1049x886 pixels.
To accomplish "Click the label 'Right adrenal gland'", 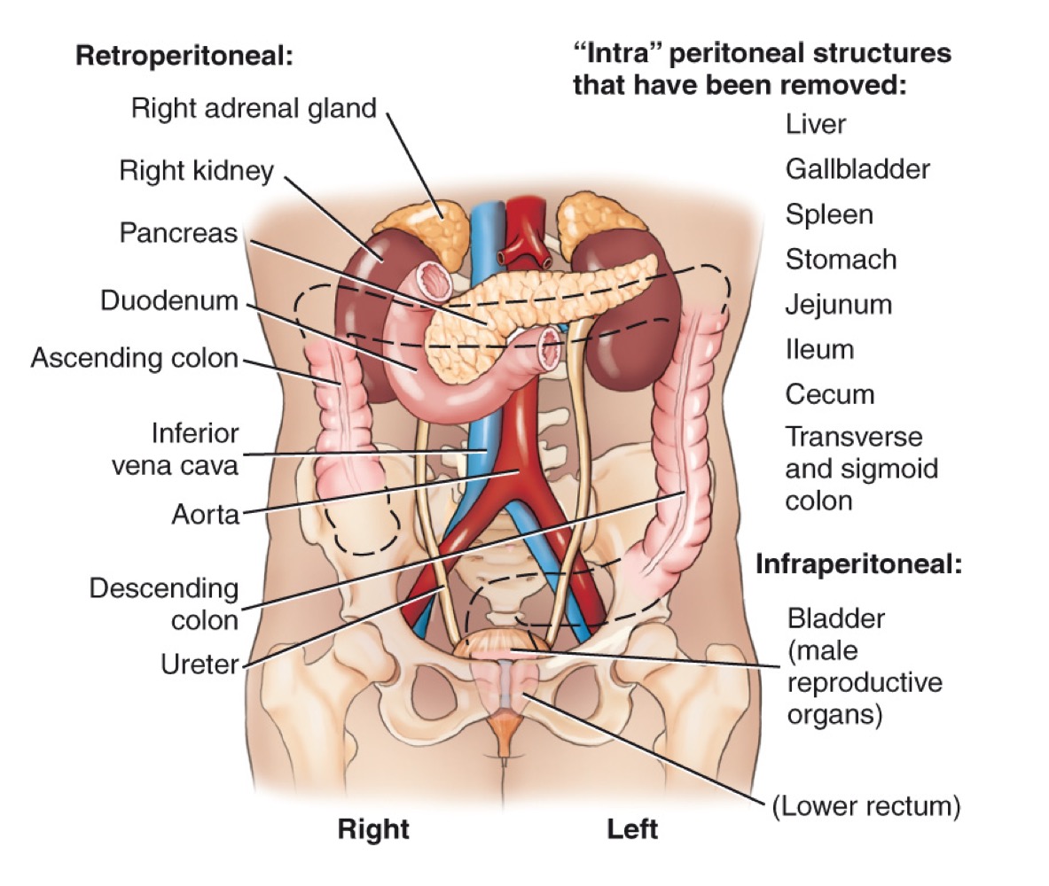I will coord(254,108).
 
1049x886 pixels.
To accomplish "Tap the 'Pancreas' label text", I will coord(179,234).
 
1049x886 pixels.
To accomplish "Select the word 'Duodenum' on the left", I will coord(168,300).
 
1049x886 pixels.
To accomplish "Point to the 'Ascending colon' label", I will coord(135,359).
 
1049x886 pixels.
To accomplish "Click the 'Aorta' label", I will coord(206,514).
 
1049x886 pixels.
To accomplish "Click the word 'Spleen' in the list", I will coord(829,214).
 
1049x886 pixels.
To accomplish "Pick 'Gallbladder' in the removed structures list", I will coord(857,168).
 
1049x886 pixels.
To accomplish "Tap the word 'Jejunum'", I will coord(838,305).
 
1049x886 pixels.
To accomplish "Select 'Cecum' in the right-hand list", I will coord(830,394).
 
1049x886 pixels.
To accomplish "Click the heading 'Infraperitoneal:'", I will coord(858,564).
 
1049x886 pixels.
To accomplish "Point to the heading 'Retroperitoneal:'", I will coord(184,55).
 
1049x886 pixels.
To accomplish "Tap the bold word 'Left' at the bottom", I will coord(632,830).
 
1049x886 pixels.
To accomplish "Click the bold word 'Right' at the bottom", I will coord(373,830).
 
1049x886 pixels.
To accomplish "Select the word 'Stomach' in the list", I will coord(841,260).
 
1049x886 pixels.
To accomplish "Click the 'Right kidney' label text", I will coord(197,170).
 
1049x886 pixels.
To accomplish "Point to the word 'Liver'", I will coord(816,124).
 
